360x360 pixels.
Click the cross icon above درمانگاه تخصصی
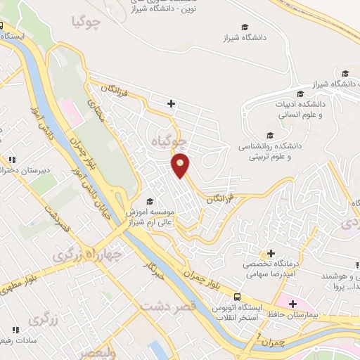[271, 253]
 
